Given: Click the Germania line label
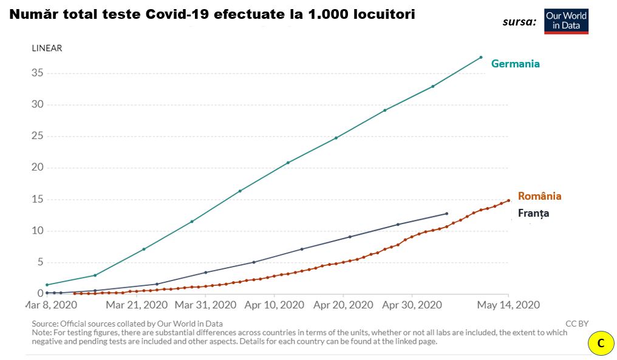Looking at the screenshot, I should [515, 64].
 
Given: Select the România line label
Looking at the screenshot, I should [539, 196].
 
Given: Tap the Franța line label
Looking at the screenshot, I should [533, 213].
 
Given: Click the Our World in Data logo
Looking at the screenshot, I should [566, 21].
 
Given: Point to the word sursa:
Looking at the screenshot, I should [519, 22].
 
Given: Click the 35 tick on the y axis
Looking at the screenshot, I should [37, 73].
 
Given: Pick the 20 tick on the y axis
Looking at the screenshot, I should [37, 168].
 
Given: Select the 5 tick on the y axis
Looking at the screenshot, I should [40, 262].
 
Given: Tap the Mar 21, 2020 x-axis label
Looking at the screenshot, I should [138, 305].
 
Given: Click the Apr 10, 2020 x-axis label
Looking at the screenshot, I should [275, 305].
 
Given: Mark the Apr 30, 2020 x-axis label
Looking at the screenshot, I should [412, 305].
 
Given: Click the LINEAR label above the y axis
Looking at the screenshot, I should [47, 48].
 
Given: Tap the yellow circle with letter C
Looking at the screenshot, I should [601, 344].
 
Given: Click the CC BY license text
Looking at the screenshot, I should [576, 324].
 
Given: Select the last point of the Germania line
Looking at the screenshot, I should [481, 57].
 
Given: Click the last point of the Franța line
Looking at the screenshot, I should [446, 214].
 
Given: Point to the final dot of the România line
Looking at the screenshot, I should [508, 200].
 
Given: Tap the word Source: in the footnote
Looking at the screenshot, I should [48, 324].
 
